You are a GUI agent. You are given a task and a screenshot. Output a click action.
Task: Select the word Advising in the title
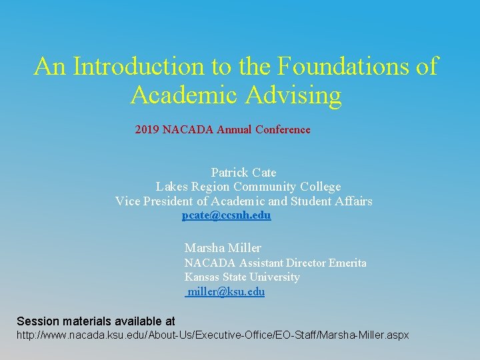293,95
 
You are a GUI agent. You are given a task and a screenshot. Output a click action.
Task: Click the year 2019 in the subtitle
147,129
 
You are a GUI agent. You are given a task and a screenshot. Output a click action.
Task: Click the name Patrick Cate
243,173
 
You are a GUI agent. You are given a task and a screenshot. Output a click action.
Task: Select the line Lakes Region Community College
248,187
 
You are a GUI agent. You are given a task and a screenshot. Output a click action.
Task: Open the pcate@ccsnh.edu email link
227,216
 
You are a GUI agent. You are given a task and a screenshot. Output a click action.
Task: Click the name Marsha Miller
223,248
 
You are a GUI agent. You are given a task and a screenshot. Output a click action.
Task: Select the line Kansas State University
242,277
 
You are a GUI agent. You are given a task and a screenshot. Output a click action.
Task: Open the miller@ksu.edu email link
226,291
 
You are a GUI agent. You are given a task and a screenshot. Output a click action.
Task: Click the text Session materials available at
96,321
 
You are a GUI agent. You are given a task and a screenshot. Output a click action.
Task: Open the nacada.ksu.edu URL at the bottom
212,335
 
